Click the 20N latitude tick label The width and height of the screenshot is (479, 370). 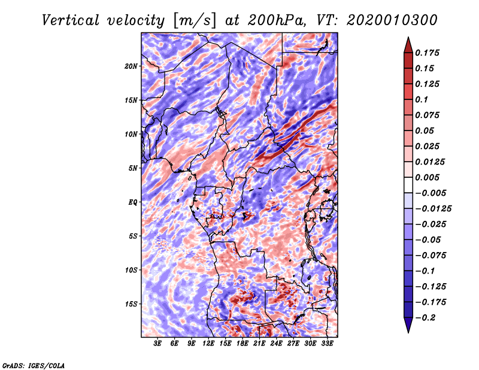click(x=131, y=66)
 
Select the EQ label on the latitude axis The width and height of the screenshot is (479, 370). click(x=133, y=202)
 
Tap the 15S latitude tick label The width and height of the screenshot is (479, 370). click(x=131, y=304)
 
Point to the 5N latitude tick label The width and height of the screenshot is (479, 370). click(x=133, y=168)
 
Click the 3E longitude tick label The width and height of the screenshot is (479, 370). click(x=157, y=344)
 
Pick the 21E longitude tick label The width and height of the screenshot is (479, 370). click(x=259, y=344)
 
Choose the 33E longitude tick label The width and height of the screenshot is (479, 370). click(x=327, y=344)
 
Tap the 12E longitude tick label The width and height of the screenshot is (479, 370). click(x=208, y=344)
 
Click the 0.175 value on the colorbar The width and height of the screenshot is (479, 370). click(x=428, y=53)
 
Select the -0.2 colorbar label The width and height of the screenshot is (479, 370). click(x=425, y=318)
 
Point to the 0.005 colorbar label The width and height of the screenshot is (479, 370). click(x=428, y=177)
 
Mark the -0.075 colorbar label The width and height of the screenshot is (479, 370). click(x=431, y=256)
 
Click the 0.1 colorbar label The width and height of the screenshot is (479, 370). click(x=422, y=99)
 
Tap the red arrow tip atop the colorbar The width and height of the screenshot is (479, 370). click(x=408, y=37)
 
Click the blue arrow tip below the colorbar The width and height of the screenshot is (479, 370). click(x=408, y=332)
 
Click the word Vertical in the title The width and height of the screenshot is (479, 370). click(x=71, y=20)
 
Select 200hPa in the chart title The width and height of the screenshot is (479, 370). click(x=277, y=20)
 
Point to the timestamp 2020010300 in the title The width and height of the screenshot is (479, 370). click(x=392, y=20)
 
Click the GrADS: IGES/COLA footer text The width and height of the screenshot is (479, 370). click(x=34, y=366)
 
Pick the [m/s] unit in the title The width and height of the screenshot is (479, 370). click(x=195, y=21)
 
